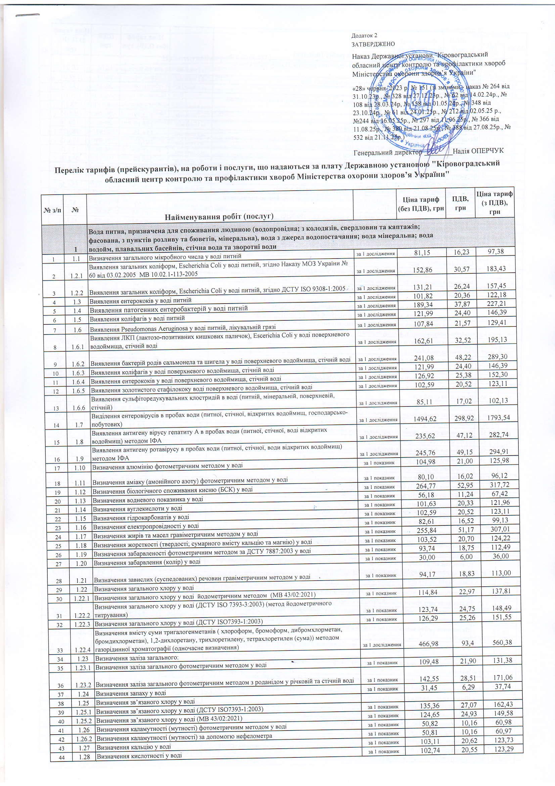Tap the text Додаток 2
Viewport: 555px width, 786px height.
pos(364,36)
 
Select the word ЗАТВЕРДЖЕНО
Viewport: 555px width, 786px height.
pos(373,44)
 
